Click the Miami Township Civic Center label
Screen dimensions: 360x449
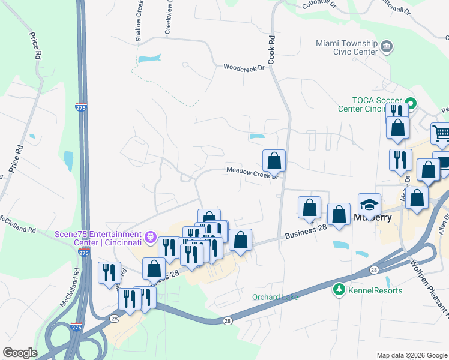(x=346, y=47)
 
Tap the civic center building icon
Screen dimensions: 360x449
(x=387, y=46)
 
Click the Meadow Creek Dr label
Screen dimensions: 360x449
(x=252, y=172)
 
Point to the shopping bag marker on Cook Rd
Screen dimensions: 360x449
(x=274, y=161)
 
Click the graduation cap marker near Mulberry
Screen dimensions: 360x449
(x=369, y=205)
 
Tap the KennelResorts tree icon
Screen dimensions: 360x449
(x=339, y=290)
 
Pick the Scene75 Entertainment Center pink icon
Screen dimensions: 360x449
(x=150, y=236)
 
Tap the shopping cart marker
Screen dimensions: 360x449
(x=441, y=134)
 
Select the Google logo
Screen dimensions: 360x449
(x=20, y=353)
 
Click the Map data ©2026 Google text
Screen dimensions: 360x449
(x=412, y=355)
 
